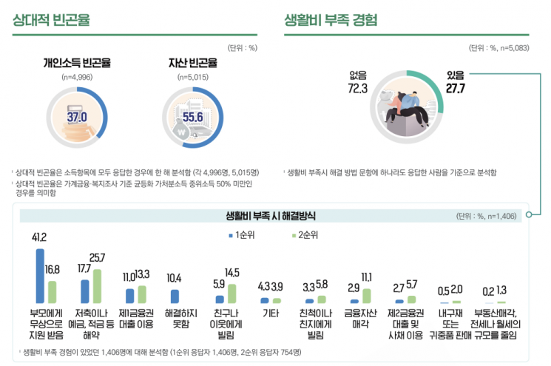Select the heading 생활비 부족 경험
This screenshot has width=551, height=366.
(x=331, y=20)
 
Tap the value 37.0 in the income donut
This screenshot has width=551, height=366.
(x=77, y=116)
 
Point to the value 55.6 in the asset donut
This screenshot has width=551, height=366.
(x=192, y=117)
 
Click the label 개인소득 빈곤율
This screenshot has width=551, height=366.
(x=77, y=63)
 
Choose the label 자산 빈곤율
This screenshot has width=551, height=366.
(x=192, y=63)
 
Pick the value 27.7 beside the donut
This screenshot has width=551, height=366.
(x=455, y=88)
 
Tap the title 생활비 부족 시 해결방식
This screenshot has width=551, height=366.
(x=272, y=216)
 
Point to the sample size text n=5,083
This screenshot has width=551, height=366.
(x=511, y=48)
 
